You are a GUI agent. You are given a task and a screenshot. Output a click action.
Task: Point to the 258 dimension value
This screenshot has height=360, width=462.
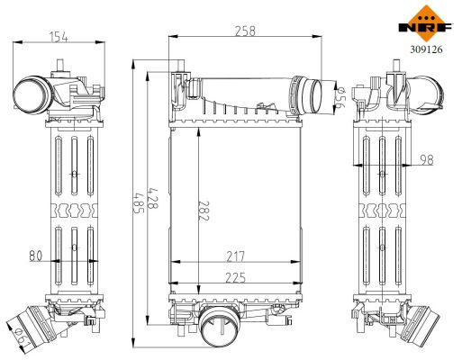[243, 30]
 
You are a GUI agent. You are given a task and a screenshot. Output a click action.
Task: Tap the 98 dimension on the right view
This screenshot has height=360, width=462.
[427, 159]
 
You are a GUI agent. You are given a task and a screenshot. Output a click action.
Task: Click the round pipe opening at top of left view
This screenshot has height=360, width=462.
[30, 94]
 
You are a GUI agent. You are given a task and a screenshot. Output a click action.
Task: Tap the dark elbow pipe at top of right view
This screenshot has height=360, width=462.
[423, 91]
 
